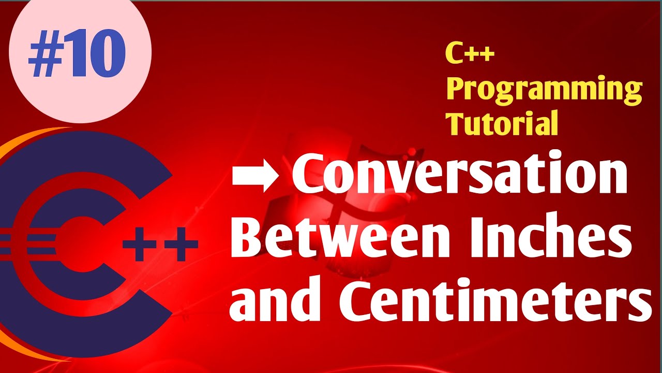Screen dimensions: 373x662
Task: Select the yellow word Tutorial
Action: point(503,123)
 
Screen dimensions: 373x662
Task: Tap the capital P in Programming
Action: point(456,89)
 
